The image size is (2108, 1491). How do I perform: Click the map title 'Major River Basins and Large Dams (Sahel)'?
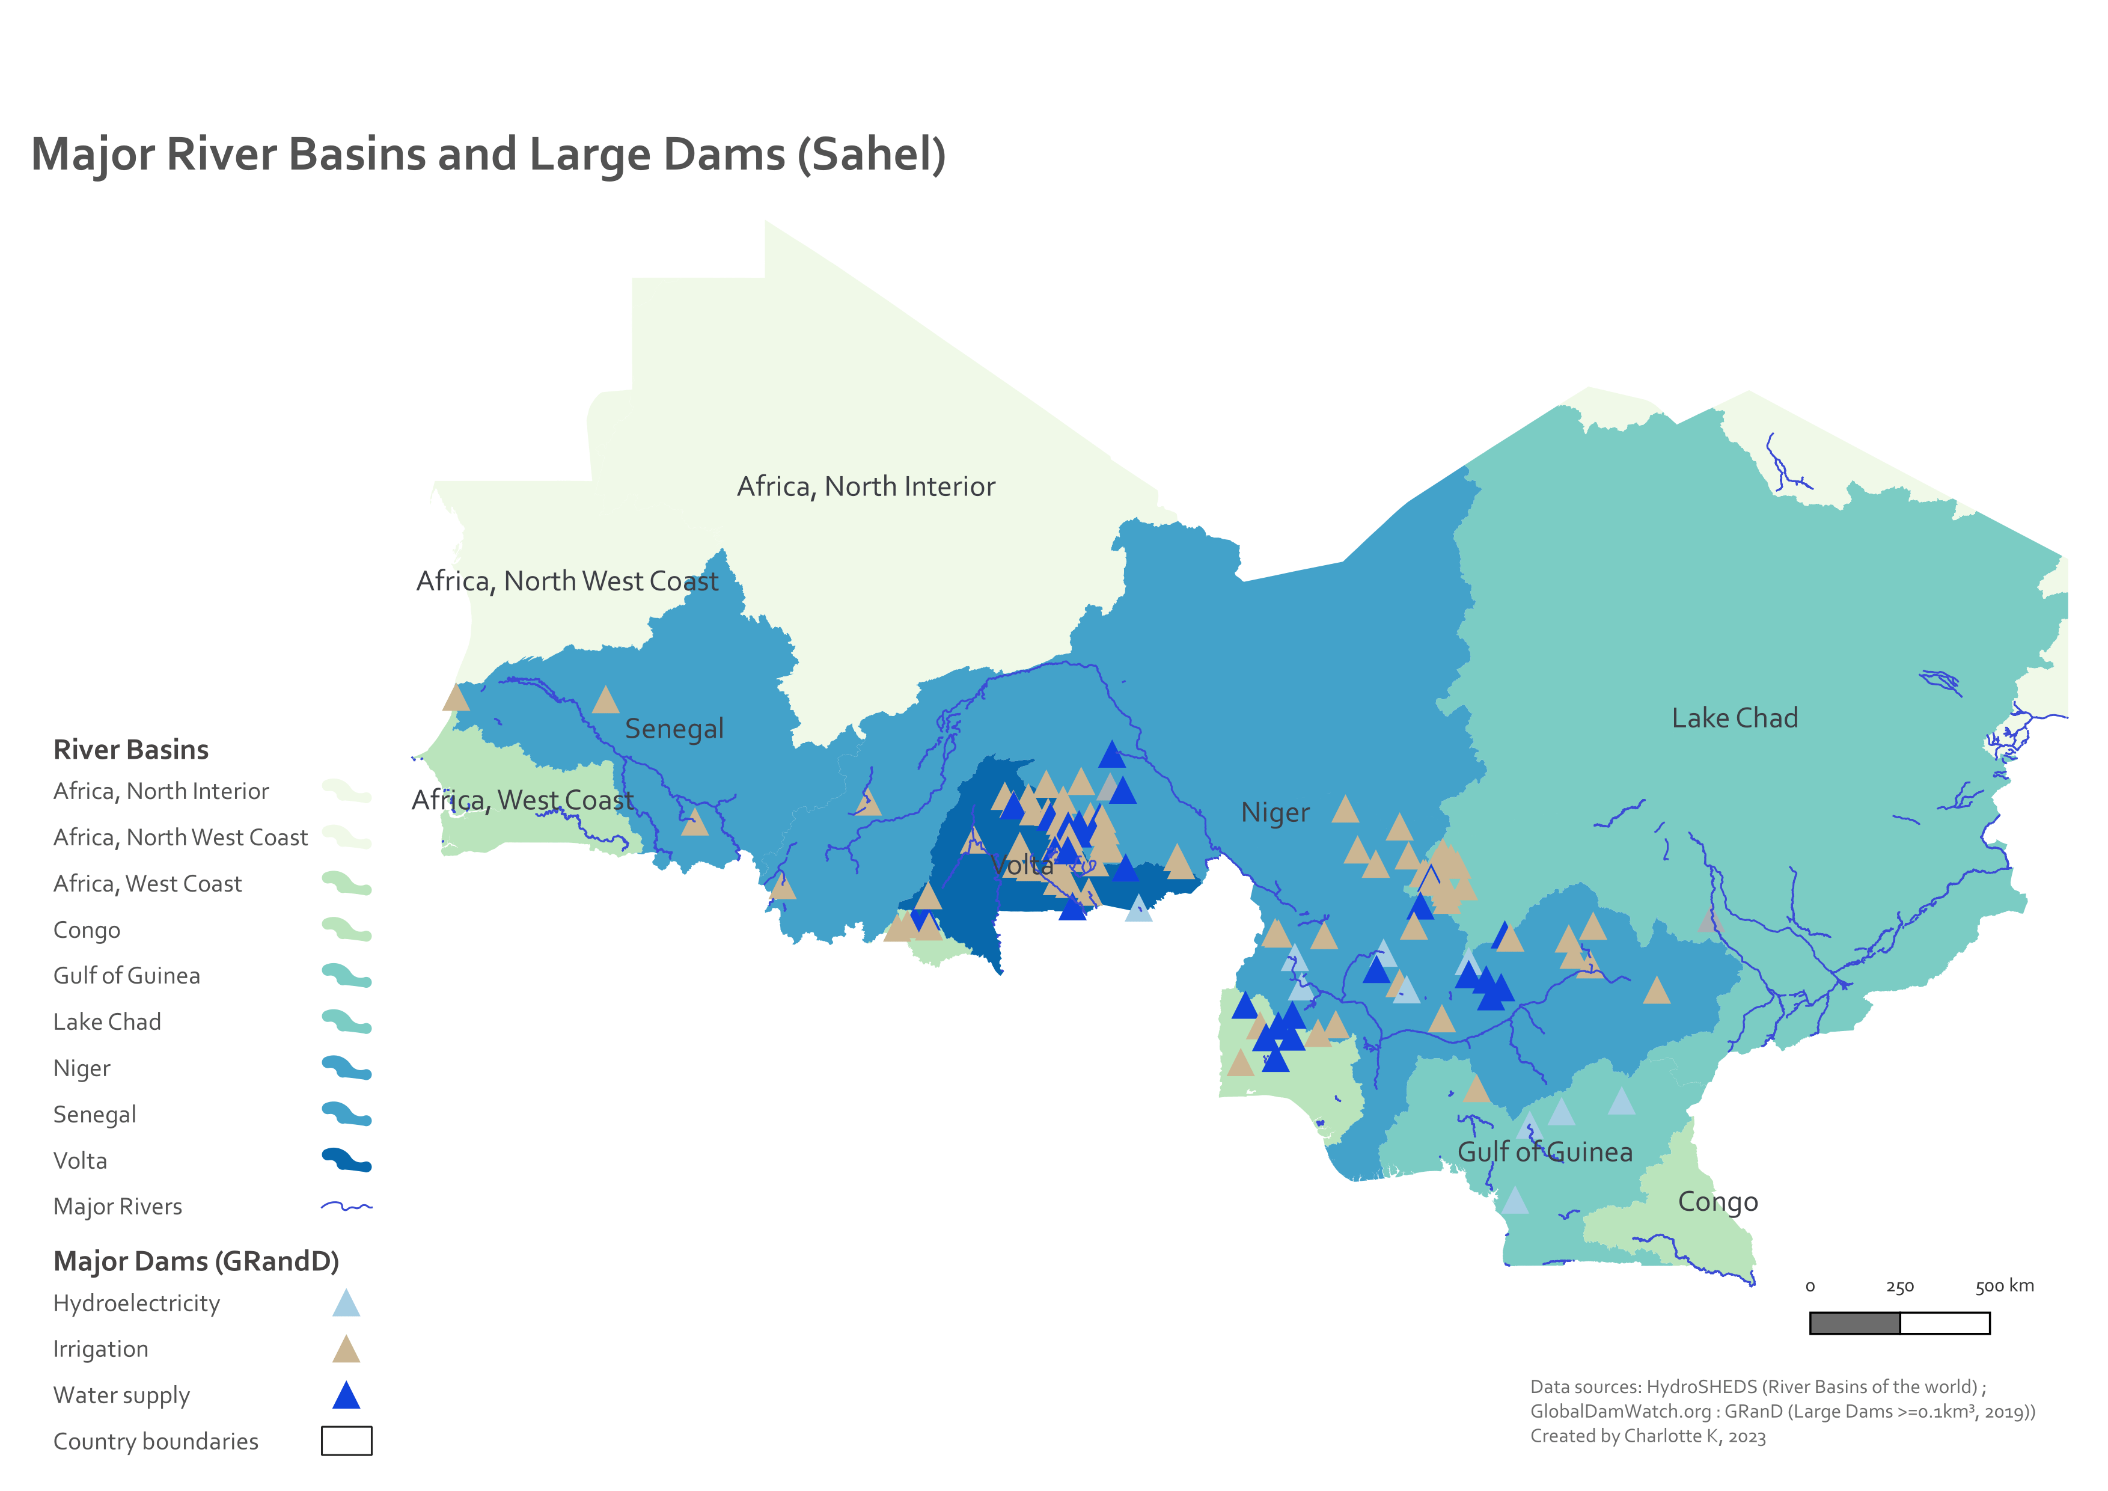click(x=489, y=155)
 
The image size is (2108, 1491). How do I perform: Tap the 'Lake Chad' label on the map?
click(x=1734, y=718)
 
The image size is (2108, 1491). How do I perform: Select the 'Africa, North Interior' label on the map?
click(x=866, y=486)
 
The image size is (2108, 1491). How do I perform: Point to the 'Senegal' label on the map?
click(x=674, y=729)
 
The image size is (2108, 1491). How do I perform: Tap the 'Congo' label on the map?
click(x=1717, y=1202)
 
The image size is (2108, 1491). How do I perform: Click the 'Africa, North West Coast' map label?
click(x=566, y=581)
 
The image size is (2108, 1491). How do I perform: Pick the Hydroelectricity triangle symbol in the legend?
click(x=346, y=1303)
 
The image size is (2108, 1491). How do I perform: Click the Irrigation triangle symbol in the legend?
click(x=346, y=1350)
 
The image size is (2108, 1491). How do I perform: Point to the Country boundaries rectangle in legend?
click(x=346, y=1442)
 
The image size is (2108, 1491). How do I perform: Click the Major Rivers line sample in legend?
click(x=346, y=1207)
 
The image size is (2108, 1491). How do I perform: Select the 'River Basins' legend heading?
click(x=130, y=750)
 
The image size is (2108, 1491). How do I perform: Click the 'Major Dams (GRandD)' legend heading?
click(x=195, y=1261)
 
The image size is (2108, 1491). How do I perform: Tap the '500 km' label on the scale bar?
click(x=2004, y=1286)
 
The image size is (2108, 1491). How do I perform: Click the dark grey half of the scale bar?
click(x=1854, y=1323)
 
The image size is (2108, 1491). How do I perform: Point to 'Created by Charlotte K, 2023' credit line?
click(x=1647, y=1437)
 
